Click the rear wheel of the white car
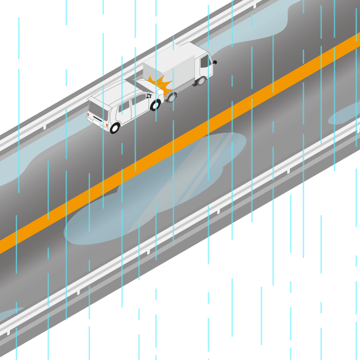pos(114,128)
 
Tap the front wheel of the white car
pos(155,105)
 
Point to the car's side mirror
pos(148,96)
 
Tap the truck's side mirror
pos(215,62)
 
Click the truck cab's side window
pos(205,61)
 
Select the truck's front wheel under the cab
pos(201,81)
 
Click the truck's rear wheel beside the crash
pos(171,97)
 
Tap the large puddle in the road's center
pos(157,189)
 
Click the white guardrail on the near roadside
pos(180,234)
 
